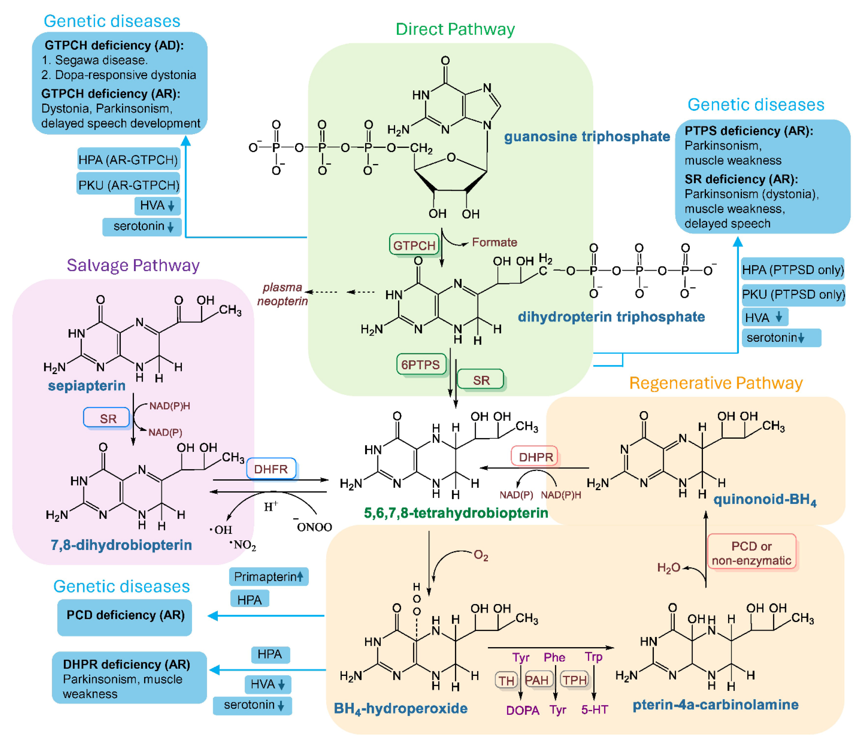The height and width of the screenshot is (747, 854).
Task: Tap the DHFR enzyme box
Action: [271, 469]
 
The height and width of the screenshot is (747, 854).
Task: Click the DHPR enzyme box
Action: [535, 457]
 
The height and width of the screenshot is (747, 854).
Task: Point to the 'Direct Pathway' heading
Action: [455, 29]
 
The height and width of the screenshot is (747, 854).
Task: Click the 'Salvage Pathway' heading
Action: [133, 265]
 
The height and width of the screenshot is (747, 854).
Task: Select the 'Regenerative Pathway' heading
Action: [716, 383]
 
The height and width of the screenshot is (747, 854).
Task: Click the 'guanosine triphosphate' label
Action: [587, 136]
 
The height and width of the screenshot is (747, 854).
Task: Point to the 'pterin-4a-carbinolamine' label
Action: [715, 704]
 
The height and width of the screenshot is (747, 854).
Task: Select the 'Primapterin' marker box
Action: [268, 576]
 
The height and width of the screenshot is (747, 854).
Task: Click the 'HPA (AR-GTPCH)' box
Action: [128, 159]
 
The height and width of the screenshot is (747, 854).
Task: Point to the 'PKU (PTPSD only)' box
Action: [793, 294]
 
